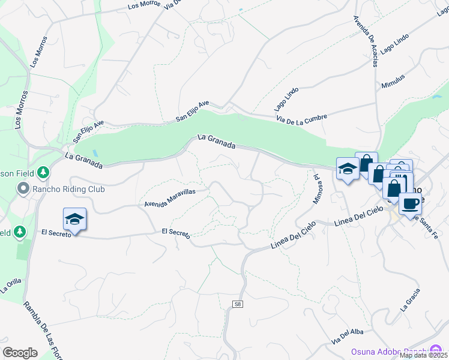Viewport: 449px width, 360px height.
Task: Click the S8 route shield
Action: tap(238, 305)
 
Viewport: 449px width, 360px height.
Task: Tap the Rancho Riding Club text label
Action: tap(70, 189)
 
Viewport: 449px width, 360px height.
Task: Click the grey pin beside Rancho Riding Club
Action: tap(23, 189)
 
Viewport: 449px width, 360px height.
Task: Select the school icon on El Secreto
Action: tap(74, 220)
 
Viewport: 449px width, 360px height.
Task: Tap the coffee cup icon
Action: tap(410, 203)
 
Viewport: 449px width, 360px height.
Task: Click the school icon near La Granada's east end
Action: tap(348, 169)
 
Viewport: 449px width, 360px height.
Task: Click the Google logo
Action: tap(20, 352)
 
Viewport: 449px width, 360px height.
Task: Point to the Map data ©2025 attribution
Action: tap(423, 355)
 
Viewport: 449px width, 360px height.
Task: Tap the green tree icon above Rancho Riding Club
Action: tap(43, 173)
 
